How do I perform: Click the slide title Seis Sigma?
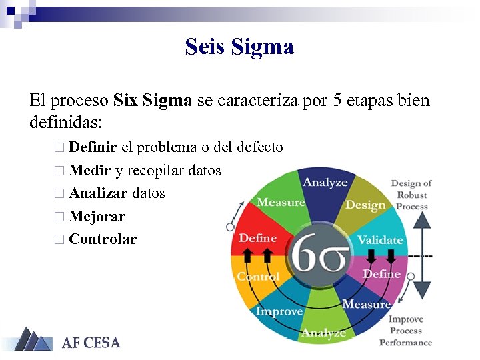[239, 47]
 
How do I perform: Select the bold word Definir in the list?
[93, 147]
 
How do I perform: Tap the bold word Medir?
[89, 170]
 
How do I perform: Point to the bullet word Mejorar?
[97, 216]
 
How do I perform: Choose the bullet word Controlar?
[103, 239]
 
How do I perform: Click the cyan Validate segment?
[380, 240]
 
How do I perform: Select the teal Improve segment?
[280, 311]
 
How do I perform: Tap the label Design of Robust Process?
[411, 195]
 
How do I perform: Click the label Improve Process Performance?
[406, 331]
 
